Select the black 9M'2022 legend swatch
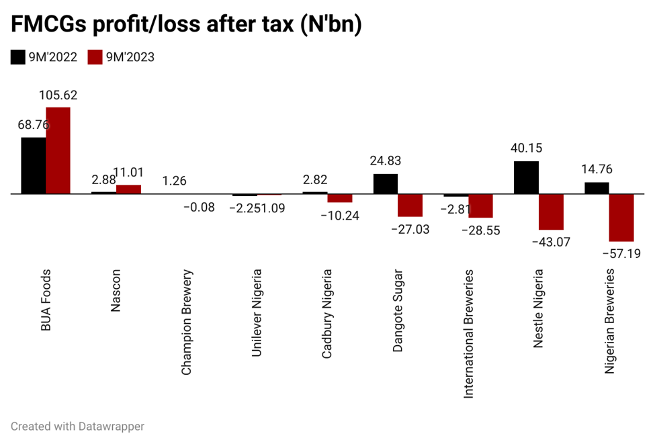click(18, 57)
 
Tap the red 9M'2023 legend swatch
click(95, 57)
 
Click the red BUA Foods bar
click(58, 150)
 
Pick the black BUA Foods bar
click(34, 165)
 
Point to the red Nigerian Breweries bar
click(621, 218)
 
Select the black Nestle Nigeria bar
click(526, 177)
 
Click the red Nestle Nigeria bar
click(551, 212)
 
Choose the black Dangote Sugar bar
click(386, 183)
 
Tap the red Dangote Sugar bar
click(410, 205)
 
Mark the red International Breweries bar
click(480, 206)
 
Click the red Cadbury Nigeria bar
click(340, 198)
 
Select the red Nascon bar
click(128, 189)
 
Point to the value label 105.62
click(58, 95)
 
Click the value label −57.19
click(621, 253)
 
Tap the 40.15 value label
click(526, 148)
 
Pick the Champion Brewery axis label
click(187, 322)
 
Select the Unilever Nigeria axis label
click(257, 313)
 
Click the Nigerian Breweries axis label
click(610, 321)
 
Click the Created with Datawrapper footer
click(77, 426)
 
